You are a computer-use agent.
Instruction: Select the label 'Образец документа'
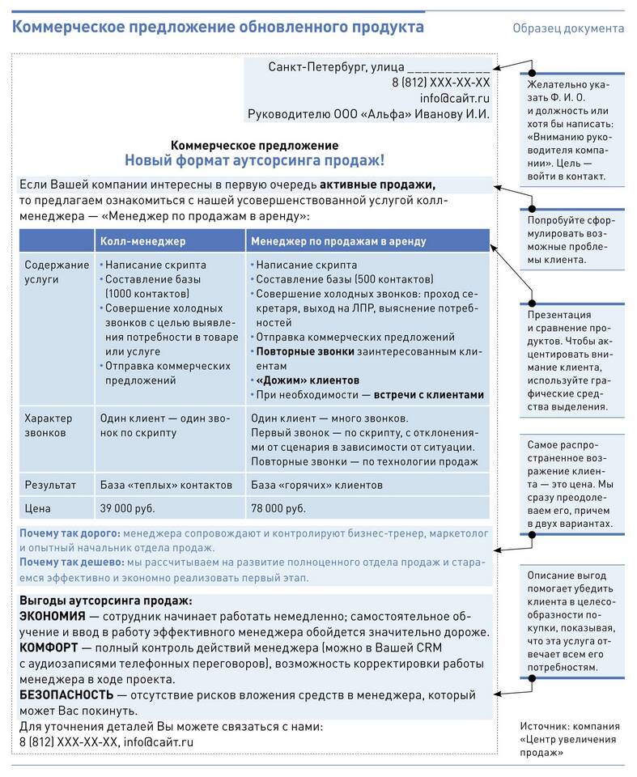click(567, 28)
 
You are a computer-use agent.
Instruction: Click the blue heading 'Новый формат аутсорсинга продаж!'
click(254, 160)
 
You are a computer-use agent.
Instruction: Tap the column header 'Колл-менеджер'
click(142, 241)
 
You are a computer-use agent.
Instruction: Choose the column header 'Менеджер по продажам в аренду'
click(338, 241)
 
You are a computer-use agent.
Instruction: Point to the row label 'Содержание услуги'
click(56, 271)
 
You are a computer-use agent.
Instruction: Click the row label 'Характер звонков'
click(49, 426)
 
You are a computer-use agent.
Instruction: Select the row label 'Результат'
click(50, 485)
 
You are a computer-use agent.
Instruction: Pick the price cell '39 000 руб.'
click(127, 508)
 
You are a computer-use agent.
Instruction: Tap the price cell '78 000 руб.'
click(278, 508)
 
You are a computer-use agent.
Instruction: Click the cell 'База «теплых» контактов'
click(166, 485)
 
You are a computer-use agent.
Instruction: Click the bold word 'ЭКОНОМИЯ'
click(52, 616)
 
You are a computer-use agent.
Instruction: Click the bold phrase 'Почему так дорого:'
click(70, 533)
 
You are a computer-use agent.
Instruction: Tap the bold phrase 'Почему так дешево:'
click(71, 562)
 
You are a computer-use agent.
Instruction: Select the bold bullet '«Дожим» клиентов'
click(308, 380)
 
